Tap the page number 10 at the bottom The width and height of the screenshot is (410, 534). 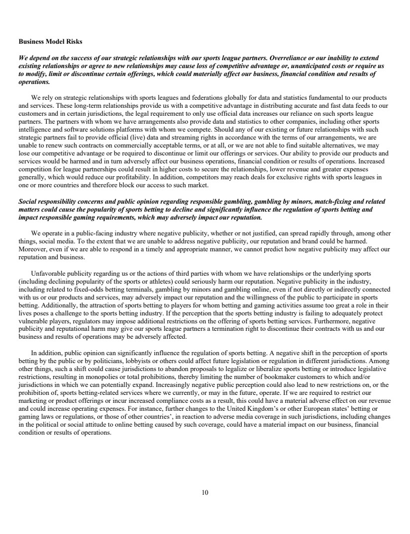205,492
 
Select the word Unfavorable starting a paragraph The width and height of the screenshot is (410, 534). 46,273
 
